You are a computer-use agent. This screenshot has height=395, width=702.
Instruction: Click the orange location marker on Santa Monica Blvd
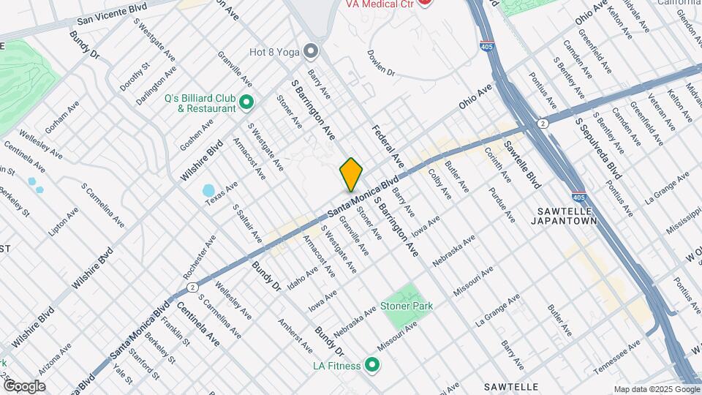coord(351,174)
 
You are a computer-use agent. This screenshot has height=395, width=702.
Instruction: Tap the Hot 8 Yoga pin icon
coord(312,51)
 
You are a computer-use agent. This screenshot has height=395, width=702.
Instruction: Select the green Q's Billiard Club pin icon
coord(246,103)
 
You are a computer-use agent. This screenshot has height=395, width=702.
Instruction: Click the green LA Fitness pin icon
coord(372,364)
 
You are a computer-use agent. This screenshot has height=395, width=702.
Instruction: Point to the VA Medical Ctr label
coord(380,4)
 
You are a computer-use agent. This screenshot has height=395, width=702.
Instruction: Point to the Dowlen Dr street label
coord(381,64)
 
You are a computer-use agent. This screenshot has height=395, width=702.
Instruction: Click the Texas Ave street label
coord(222,192)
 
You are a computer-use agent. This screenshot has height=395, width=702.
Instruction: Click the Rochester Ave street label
coord(200,256)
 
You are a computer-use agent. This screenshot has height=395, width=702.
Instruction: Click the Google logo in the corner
coord(24,385)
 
